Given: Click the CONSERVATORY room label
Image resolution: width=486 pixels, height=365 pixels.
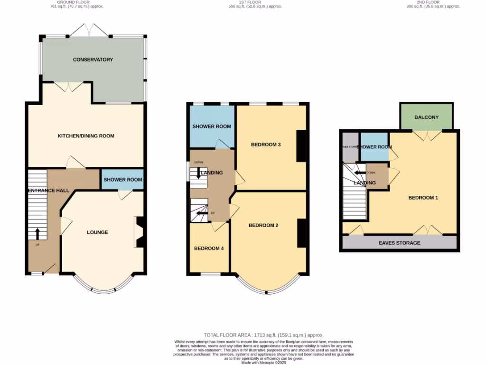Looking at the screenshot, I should (x=93, y=59).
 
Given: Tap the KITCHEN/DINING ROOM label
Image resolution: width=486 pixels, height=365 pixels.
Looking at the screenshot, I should (x=86, y=136).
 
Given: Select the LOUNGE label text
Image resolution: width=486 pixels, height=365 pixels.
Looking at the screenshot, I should (x=97, y=232).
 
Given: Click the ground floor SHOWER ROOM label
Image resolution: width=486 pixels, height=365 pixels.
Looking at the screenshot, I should (x=123, y=180).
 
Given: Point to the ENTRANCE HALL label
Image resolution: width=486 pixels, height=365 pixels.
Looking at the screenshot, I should (x=48, y=191).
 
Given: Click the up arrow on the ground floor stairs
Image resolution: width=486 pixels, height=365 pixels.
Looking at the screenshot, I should (x=37, y=233).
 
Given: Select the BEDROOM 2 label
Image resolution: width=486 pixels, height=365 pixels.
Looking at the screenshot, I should (x=263, y=225).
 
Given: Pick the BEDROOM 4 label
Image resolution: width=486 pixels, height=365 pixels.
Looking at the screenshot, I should (x=209, y=248).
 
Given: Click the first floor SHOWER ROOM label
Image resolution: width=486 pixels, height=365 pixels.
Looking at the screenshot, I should (x=212, y=126).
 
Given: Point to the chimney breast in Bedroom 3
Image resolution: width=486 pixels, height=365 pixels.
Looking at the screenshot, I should (x=301, y=146).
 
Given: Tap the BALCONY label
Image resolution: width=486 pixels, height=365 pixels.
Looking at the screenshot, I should (x=426, y=117).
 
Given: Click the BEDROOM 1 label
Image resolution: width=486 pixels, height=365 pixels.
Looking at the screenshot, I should (x=423, y=198).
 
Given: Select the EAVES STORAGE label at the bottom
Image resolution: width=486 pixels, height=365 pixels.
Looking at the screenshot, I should (x=399, y=243).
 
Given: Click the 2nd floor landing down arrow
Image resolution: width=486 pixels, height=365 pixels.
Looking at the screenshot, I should (x=358, y=173).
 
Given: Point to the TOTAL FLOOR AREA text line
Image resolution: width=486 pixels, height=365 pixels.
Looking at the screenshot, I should (x=263, y=335).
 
